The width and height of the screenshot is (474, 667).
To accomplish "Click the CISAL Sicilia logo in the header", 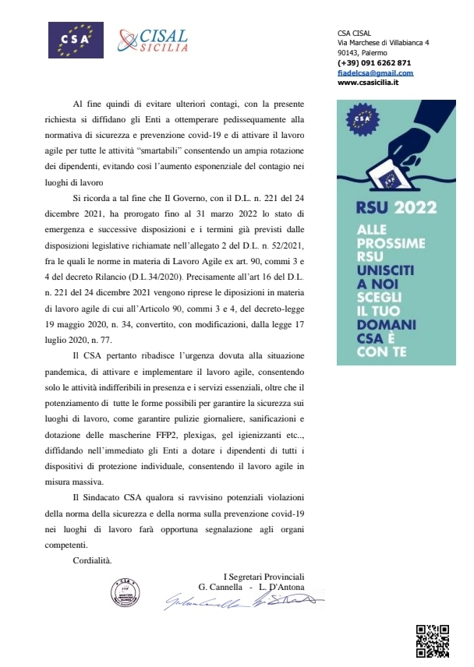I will pyautogui.click(x=153, y=38).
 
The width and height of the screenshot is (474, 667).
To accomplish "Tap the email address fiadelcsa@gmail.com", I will pyautogui.click(x=375, y=72).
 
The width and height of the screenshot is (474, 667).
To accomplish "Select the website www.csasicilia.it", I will pyautogui.click(x=369, y=82).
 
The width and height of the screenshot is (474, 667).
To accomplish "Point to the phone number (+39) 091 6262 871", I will pyautogui.click(x=374, y=62).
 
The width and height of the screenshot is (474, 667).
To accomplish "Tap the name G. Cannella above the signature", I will pyautogui.click(x=225, y=587).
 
